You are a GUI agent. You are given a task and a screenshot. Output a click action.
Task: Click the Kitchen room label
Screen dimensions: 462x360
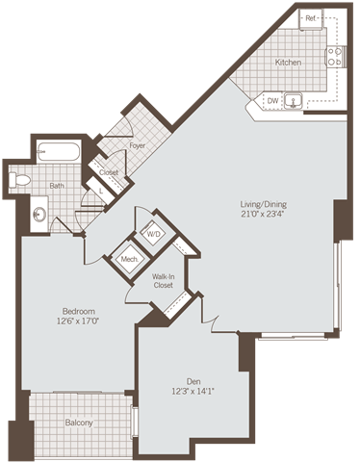tap(288, 63)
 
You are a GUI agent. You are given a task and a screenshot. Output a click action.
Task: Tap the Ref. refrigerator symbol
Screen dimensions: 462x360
tap(312, 19)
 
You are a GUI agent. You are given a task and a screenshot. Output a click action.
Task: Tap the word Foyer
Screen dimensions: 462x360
tap(138, 145)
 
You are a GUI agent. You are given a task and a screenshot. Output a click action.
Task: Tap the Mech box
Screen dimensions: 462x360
tap(128, 258)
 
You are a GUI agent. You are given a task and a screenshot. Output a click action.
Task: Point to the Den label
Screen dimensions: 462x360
tap(189, 379)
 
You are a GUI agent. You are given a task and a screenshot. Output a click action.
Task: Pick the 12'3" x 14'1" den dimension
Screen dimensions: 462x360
tap(189, 390)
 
